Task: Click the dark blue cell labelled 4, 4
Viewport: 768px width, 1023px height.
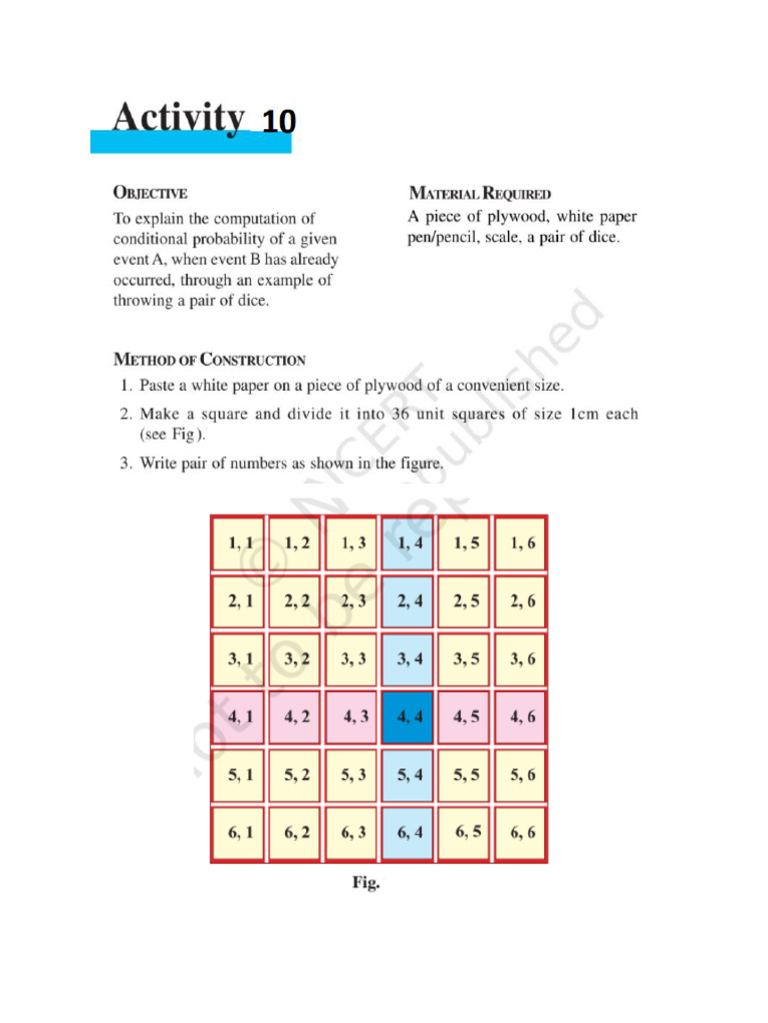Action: click(x=408, y=716)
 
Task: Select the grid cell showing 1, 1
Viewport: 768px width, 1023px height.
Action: click(x=239, y=543)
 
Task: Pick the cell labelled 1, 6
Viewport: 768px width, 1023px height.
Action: click(x=522, y=543)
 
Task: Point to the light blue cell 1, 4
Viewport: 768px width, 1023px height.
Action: click(x=408, y=543)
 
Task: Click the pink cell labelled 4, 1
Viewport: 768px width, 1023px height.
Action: click(x=239, y=716)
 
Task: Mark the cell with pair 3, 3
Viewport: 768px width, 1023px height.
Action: click(x=352, y=659)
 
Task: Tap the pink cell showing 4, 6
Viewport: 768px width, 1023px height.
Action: click(x=522, y=716)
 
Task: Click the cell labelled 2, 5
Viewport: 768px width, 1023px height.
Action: click(x=465, y=601)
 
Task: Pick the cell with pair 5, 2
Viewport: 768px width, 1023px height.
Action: click(x=296, y=775)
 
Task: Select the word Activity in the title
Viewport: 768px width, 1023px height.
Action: click(x=178, y=118)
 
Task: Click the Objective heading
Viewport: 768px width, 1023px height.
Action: click(x=150, y=193)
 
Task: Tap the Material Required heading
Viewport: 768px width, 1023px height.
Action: click(x=480, y=193)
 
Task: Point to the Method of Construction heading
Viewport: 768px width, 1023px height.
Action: click(x=209, y=360)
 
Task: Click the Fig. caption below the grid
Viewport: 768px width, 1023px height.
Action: click(x=365, y=883)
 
